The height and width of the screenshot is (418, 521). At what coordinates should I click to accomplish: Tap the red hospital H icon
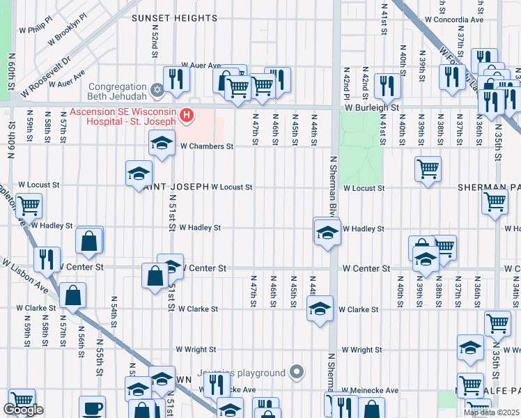click(186, 116)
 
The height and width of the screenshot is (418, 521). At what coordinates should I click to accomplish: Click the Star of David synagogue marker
click(158, 90)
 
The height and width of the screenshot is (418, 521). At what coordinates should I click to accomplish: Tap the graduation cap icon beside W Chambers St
click(162, 144)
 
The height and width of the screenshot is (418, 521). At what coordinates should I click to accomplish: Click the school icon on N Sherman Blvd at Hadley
click(327, 233)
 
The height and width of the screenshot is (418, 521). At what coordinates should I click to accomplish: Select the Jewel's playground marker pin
click(297, 373)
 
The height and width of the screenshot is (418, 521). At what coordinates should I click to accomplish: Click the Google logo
click(23, 410)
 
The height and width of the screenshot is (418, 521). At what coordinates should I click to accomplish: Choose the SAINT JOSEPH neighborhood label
click(174, 187)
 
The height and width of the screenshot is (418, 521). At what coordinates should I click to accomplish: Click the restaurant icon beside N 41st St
click(385, 86)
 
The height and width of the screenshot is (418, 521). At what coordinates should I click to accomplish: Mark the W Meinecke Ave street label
click(373, 391)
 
